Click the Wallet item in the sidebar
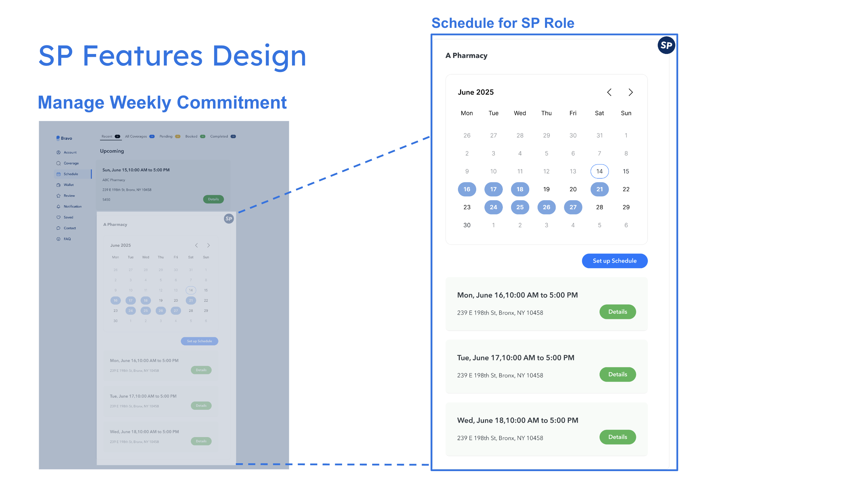click(68, 185)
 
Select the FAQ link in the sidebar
click(67, 239)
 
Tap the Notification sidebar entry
click(72, 207)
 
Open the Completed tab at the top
click(219, 136)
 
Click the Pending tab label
click(166, 136)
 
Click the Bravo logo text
click(66, 138)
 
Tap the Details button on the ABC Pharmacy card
click(213, 199)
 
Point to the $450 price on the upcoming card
click(106, 200)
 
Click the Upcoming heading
click(112, 151)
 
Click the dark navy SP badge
click(666, 45)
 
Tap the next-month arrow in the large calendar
click(630, 93)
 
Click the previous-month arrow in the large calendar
click(609, 93)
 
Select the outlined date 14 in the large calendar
click(599, 171)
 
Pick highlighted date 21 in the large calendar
click(599, 189)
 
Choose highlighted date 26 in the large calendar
click(546, 207)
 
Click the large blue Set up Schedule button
click(614, 261)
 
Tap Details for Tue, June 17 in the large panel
click(617, 374)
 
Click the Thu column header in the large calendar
click(546, 113)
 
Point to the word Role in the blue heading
click(559, 23)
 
